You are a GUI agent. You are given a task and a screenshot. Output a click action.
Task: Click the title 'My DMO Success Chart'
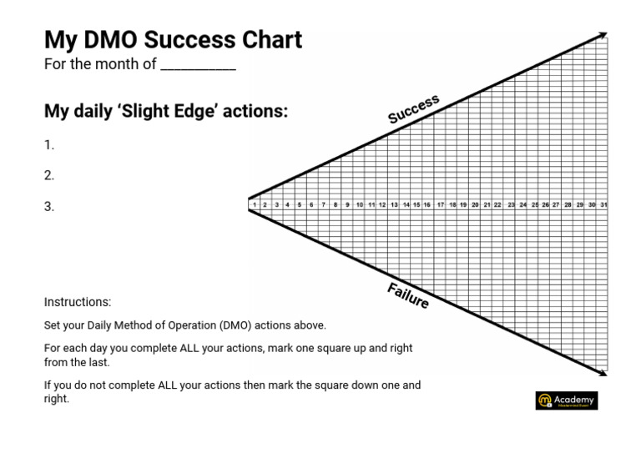173,39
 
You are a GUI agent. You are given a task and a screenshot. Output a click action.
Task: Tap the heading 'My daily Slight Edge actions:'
165,111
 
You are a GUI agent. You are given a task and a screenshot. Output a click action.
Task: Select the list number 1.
49,144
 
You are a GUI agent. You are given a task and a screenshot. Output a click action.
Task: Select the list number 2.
49,175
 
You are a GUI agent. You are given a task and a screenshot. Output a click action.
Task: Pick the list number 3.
49,206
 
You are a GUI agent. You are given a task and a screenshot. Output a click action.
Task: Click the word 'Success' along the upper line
413,109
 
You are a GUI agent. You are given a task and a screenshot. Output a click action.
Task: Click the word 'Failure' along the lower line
408,295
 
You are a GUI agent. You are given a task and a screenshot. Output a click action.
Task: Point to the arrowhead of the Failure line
603,375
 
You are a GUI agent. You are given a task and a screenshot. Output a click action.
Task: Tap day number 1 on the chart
253,204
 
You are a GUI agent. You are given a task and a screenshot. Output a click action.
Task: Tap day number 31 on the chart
603,204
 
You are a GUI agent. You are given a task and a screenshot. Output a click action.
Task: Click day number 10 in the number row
359,204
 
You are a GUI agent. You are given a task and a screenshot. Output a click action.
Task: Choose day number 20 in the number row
475,204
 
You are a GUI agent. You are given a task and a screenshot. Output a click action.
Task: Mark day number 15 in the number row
416,204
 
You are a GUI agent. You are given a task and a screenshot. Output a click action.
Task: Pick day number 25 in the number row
534,204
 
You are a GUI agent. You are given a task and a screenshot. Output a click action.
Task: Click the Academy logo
567,400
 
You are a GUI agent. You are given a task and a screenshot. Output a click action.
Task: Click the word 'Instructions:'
78,302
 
